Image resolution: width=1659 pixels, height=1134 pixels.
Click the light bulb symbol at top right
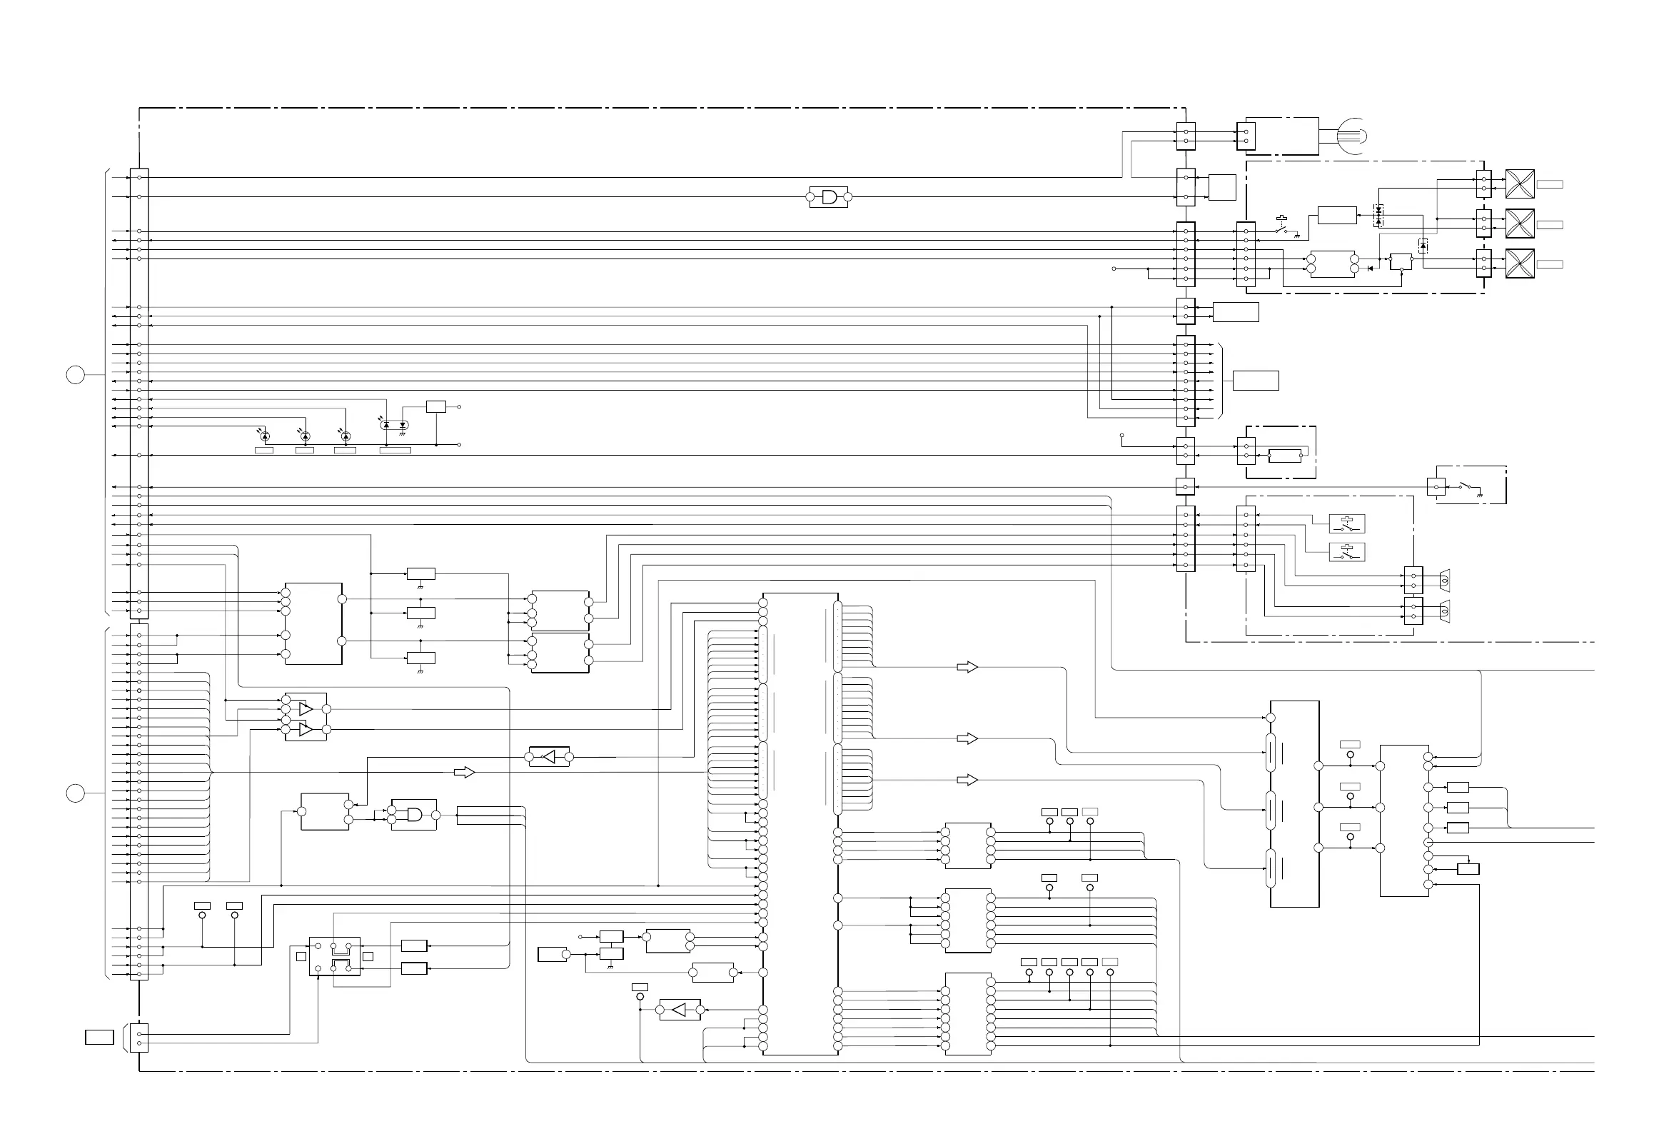[x=1351, y=135]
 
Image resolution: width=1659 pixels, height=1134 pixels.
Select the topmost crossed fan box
[x=1520, y=184]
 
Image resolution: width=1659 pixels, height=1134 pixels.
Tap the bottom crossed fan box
[x=1520, y=264]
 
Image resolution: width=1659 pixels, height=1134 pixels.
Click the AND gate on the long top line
[x=829, y=196]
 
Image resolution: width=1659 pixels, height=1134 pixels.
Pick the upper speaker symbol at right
[x=1443, y=580]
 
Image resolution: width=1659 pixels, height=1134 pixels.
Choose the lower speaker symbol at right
[x=1443, y=611]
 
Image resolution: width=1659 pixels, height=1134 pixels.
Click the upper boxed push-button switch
[x=1347, y=524]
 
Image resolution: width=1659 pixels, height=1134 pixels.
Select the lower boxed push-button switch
[x=1347, y=553]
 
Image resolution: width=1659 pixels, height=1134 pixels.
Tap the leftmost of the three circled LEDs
[x=265, y=436]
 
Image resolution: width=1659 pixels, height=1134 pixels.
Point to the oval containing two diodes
[x=394, y=425]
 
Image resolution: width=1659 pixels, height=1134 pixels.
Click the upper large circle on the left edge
[x=76, y=374]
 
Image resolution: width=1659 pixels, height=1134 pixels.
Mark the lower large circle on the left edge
[x=76, y=793]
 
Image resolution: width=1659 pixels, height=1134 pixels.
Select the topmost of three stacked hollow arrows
[x=967, y=668]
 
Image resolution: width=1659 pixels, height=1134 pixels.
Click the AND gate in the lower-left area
[x=414, y=815]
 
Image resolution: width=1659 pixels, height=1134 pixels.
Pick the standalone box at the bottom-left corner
[x=99, y=1037]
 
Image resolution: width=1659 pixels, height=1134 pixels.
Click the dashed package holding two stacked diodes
[x=1378, y=215]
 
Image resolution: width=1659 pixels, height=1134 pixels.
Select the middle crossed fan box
[x=1520, y=224]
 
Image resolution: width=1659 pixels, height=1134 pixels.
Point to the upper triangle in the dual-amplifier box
[x=306, y=709]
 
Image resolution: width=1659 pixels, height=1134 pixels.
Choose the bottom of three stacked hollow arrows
[x=967, y=781]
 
